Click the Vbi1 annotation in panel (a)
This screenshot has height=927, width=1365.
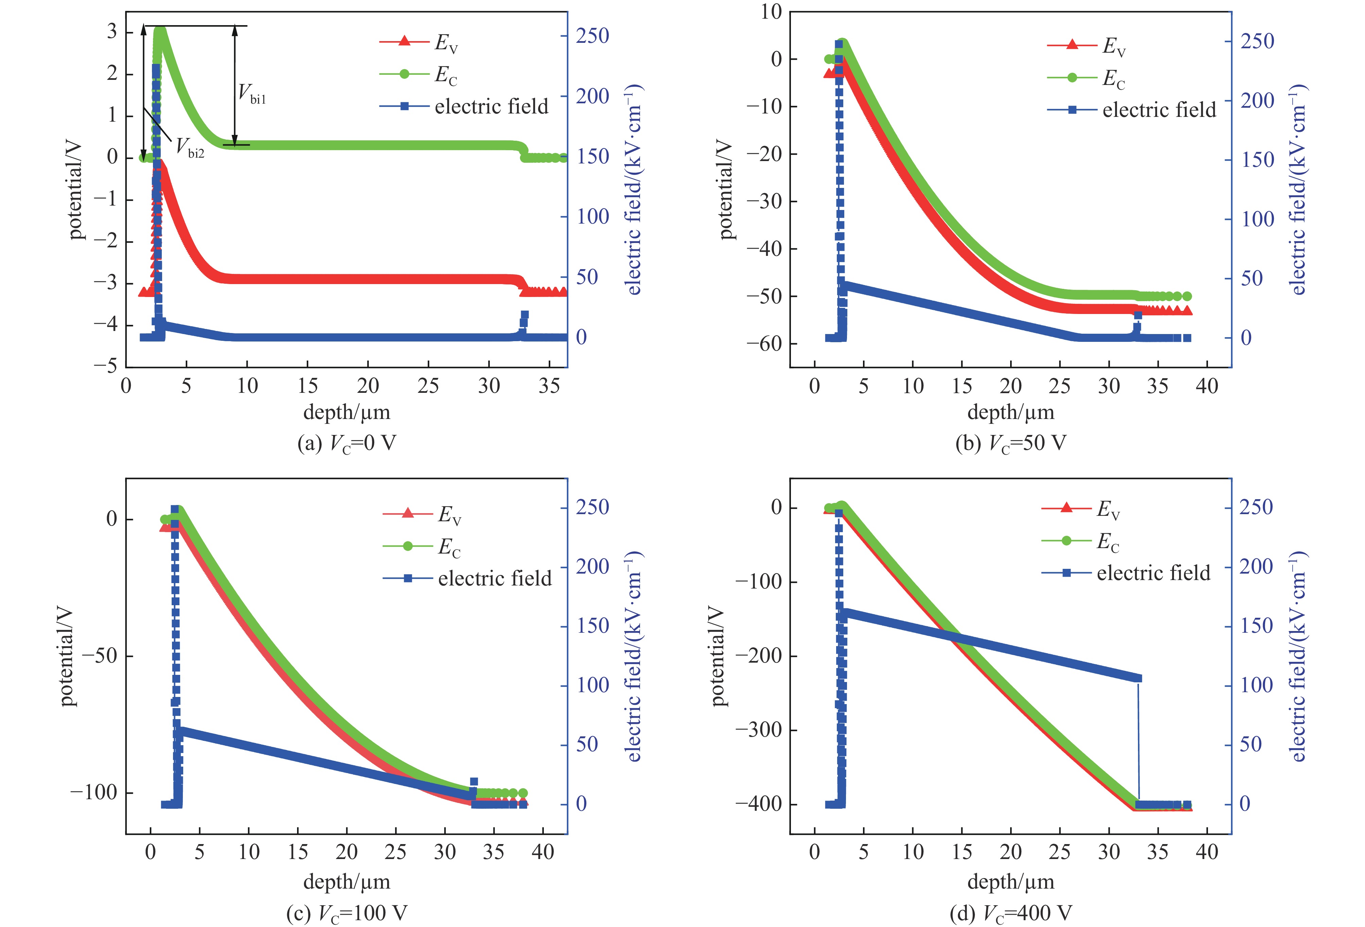point(252,94)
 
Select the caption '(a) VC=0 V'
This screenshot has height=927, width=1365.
point(347,443)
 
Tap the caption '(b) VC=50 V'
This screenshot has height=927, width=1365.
point(1010,443)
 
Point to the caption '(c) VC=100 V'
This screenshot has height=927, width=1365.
point(347,913)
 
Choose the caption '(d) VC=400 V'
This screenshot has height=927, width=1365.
point(1010,913)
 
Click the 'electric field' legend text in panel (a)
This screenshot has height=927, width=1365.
point(491,106)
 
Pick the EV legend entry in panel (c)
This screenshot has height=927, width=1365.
point(449,514)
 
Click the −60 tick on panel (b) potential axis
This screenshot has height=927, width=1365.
point(763,344)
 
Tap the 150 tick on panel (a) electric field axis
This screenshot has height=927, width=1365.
point(592,156)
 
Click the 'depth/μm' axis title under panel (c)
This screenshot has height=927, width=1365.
point(347,882)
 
